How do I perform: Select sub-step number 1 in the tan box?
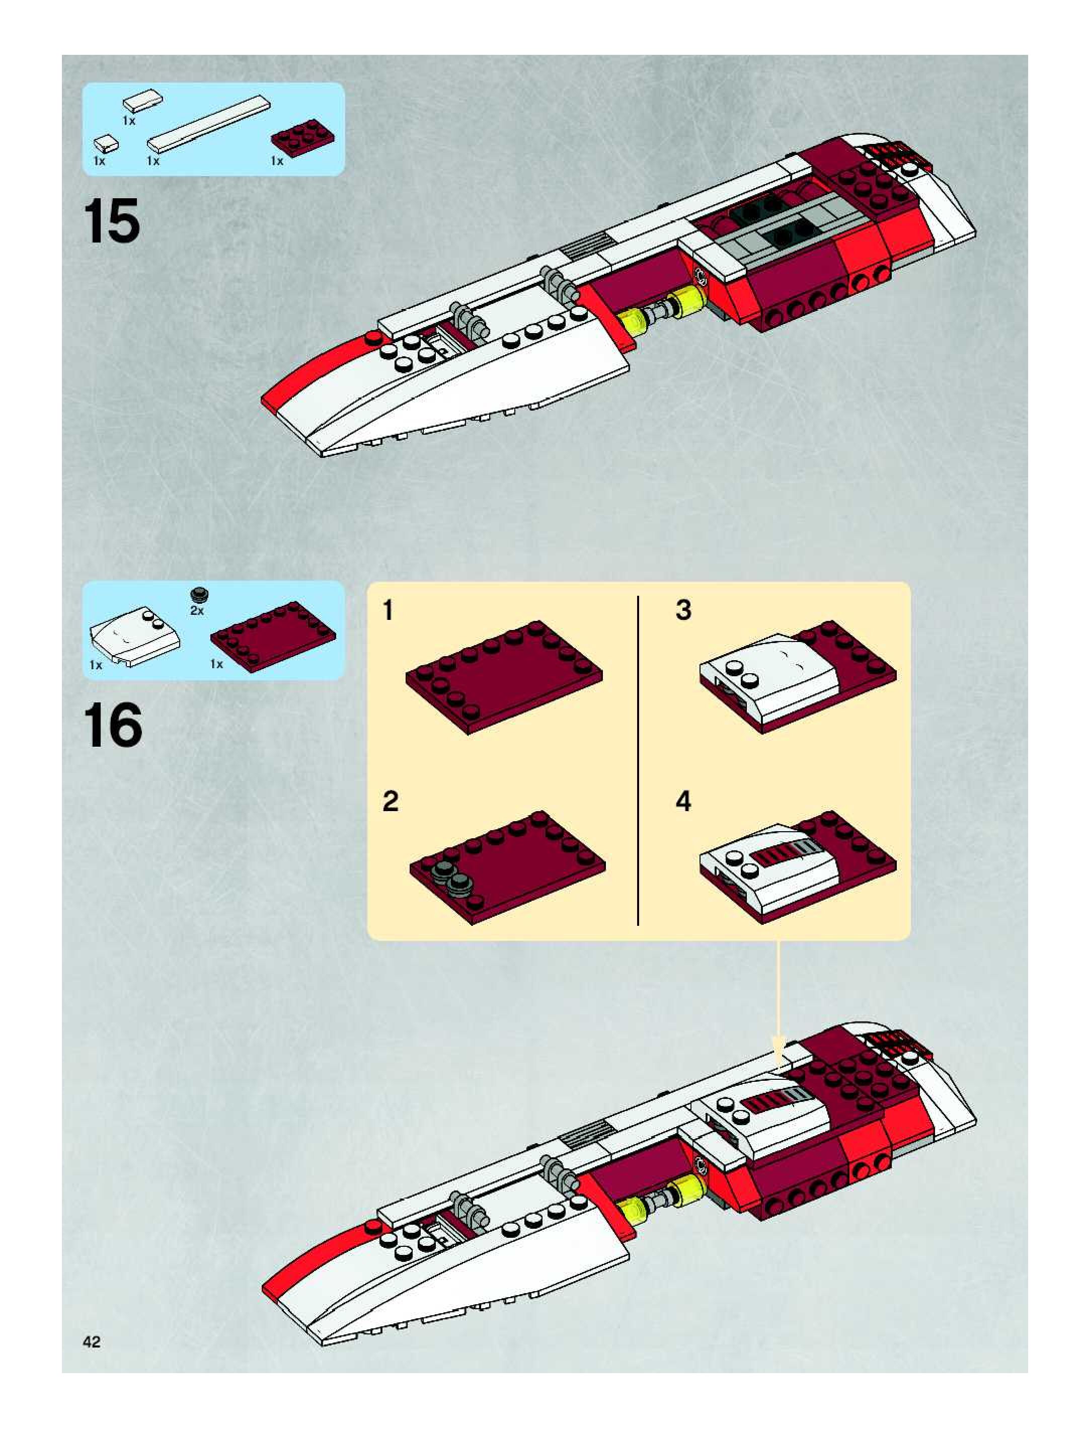388,610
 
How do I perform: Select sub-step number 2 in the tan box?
390,802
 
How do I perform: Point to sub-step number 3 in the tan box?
683,610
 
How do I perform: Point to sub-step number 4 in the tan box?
683,802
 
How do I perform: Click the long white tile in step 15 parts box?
208,124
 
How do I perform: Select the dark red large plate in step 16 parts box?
273,635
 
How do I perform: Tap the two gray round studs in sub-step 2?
452,877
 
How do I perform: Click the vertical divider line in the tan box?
638,760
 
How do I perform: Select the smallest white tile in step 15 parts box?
106,141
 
